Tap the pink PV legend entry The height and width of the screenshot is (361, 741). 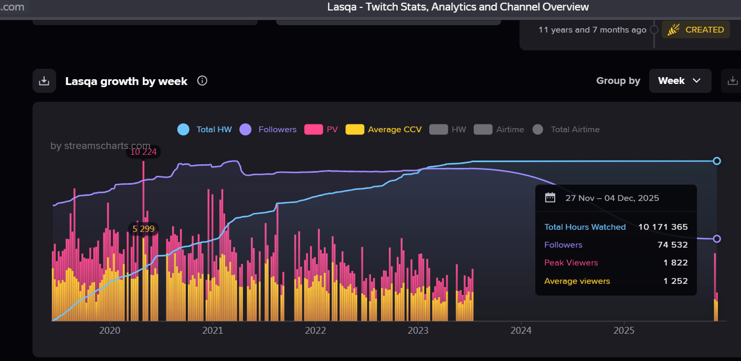pyautogui.click(x=321, y=130)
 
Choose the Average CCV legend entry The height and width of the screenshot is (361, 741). pyautogui.click(x=384, y=130)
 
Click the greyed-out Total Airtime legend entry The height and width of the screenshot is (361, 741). pyautogui.click(x=566, y=130)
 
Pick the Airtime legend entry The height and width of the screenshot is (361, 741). pyautogui.click(x=499, y=130)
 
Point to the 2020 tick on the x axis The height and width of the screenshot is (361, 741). pyautogui.click(x=110, y=331)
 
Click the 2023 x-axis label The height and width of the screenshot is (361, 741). pyautogui.click(x=418, y=331)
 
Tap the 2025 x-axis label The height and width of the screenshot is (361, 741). pyautogui.click(x=624, y=331)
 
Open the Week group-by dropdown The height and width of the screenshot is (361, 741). pyautogui.click(x=680, y=81)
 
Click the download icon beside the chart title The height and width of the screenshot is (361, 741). pyautogui.click(x=45, y=81)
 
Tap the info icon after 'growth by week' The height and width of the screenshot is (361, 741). pyautogui.click(x=202, y=81)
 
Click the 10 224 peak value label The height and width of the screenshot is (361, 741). pyautogui.click(x=143, y=152)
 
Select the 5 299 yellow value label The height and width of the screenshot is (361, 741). pyautogui.click(x=143, y=229)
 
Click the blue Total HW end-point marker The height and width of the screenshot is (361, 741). pyautogui.click(x=717, y=161)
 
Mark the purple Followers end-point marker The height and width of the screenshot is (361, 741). pyautogui.click(x=717, y=239)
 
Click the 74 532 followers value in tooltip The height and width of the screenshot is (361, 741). pyautogui.click(x=672, y=245)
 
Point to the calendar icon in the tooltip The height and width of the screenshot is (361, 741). pyautogui.click(x=550, y=198)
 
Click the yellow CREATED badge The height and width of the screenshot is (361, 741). pyautogui.click(x=696, y=30)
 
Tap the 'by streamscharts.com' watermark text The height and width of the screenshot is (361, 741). pyautogui.click(x=100, y=146)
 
